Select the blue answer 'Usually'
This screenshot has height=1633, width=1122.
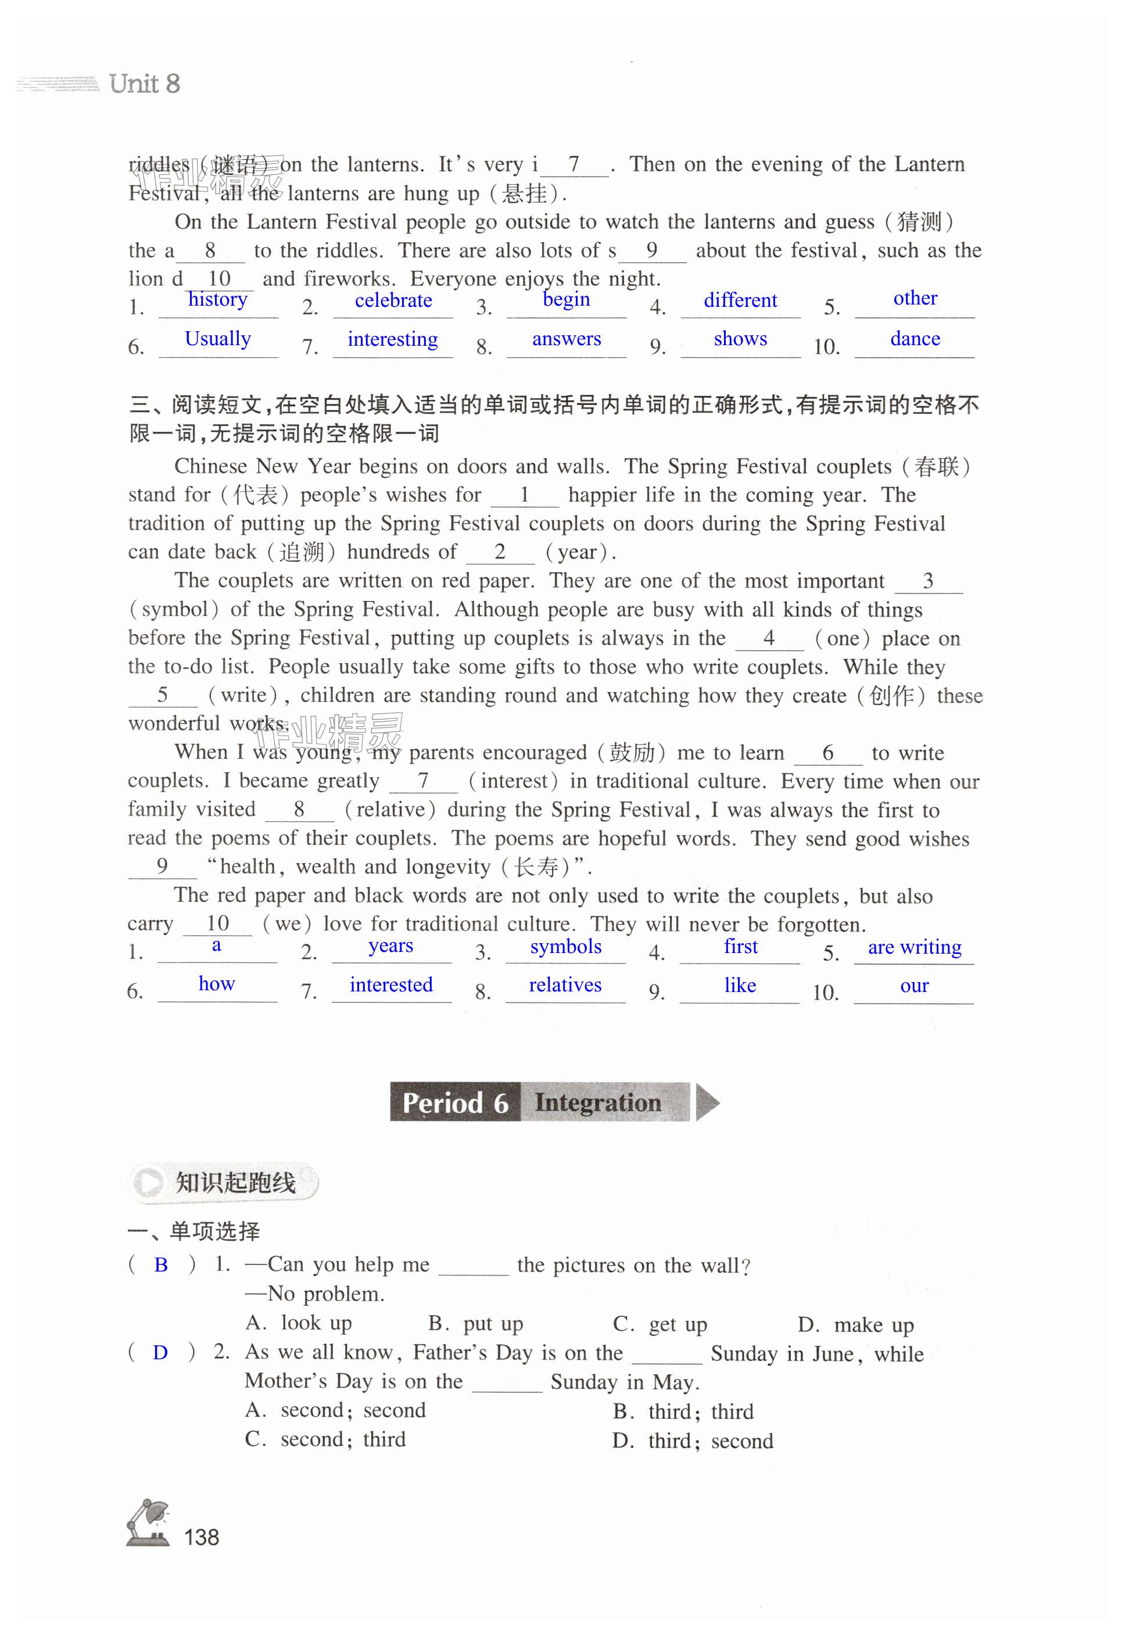click(217, 339)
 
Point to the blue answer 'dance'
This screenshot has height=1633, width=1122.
click(915, 339)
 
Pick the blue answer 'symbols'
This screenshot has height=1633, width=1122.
click(565, 946)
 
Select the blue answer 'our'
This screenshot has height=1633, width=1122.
click(914, 986)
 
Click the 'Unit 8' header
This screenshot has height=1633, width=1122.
click(144, 84)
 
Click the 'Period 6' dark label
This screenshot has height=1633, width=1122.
click(455, 1102)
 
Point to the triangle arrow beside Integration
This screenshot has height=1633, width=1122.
click(707, 1102)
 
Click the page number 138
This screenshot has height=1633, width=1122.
click(201, 1537)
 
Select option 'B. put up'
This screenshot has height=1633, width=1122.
click(476, 1324)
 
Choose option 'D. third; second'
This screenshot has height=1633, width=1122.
click(693, 1441)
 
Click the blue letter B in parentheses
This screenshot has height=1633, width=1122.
click(161, 1265)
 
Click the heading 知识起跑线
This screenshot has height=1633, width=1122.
click(235, 1183)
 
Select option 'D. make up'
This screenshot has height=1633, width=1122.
click(855, 1324)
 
